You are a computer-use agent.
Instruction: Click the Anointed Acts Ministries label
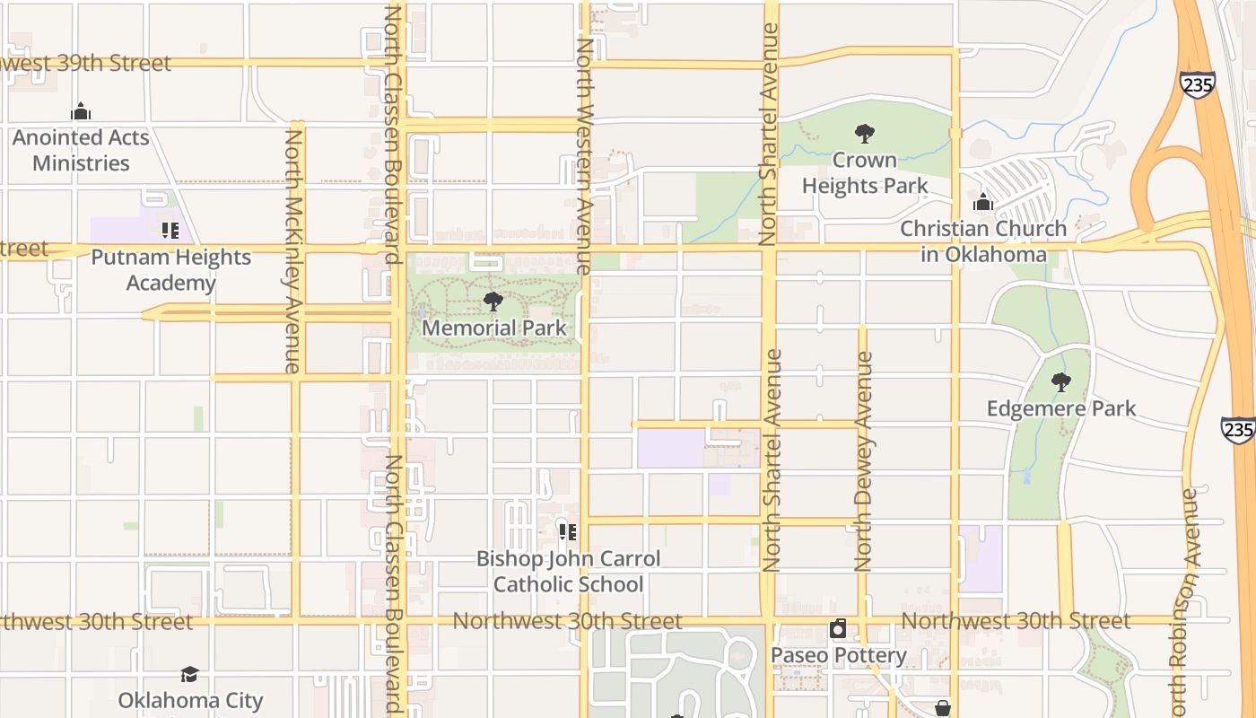[81, 151]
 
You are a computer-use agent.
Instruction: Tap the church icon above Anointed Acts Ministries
[81, 112]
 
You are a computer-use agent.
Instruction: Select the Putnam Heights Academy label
[170, 270]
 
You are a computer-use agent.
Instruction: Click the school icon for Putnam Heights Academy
[170, 231]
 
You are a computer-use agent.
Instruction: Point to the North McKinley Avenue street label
[293, 251]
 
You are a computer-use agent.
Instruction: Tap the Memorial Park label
[494, 328]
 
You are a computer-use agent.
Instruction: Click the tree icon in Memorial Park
[493, 302]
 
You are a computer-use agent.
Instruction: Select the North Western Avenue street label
[584, 156]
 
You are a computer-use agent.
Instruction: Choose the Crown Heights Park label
[865, 173]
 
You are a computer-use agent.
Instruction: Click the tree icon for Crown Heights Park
[865, 135]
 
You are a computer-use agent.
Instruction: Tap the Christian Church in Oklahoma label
[983, 241]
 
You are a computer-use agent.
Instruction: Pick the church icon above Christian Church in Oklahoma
[983, 202]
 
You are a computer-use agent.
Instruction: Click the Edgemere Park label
[1061, 409]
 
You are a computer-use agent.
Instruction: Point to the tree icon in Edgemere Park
[1061, 382]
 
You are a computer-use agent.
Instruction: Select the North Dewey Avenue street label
[863, 461]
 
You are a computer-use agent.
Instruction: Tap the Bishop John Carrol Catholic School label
[568, 572]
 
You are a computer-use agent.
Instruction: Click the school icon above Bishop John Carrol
[567, 532]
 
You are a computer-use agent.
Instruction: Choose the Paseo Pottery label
[839, 655]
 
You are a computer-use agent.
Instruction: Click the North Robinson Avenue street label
[1190, 597]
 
